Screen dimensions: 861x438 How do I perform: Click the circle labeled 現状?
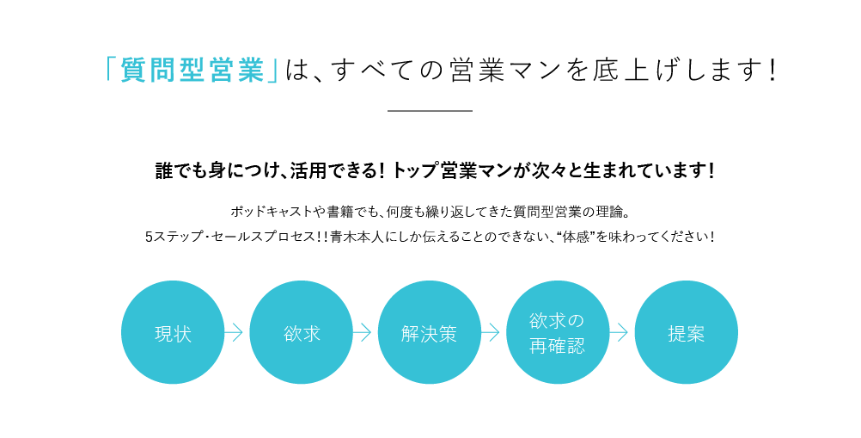coord(173,332)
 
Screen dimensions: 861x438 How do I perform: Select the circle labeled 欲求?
coord(302,332)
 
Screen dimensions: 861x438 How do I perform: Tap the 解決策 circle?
coord(430,332)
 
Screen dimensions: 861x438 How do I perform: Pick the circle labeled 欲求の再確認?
coord(558,332)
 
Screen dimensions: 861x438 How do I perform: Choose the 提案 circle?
coord(687,332)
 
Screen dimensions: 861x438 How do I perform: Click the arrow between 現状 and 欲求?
coord(234,332)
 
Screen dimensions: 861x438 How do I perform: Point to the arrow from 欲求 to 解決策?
coord(362,332)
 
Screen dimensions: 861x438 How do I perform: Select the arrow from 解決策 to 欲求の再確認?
coord(491,332)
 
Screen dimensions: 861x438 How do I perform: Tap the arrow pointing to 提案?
coord(619,332)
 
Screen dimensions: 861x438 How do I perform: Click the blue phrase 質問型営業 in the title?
coord(192,71)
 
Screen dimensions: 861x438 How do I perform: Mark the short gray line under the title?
coord(430,111)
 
